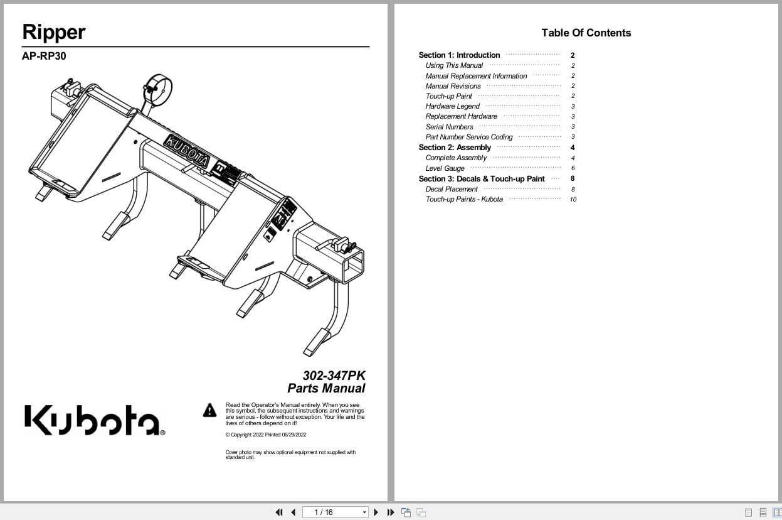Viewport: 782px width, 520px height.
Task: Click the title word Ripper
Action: (54, 32)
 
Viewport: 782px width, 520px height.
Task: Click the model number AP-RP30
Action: (44, 56)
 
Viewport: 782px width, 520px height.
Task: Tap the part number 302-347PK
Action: (334, 376)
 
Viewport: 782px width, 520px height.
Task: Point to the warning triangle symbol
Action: (209, 411)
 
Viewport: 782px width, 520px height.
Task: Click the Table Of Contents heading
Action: (586, 33)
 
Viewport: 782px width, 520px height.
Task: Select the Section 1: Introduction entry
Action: (459, 55)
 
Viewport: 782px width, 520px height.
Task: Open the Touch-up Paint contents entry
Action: (448, 96)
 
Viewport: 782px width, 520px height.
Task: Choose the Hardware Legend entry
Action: (452, 106)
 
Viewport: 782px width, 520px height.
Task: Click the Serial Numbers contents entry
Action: (449, 127)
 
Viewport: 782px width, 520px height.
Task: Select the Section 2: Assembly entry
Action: (455, 148)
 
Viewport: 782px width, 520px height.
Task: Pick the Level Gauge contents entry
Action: (445, 168)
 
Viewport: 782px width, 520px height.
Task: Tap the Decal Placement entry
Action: (452, 189)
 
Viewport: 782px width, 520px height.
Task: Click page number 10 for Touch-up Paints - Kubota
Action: (573, 200)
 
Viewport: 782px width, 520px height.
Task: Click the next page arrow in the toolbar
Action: (376, 512)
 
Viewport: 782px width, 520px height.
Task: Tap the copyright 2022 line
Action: (265, 435)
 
